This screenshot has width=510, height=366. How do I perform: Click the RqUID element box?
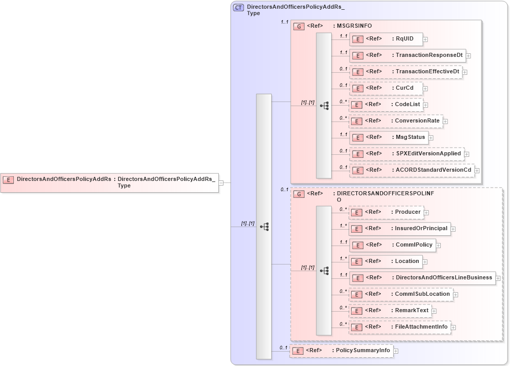click(x=386, y=38)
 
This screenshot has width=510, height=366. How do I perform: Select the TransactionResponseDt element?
click(x=407, y=55)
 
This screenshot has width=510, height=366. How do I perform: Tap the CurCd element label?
click(x=404, y=88)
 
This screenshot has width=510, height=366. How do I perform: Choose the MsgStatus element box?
click(x=389, y=137)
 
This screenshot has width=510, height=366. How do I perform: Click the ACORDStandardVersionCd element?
click(x=412, y=170)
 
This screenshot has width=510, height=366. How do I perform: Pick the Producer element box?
click(x=386, y=212)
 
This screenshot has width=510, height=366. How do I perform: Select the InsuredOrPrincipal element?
click(x=399, y=229)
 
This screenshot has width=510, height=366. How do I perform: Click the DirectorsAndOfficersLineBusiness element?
click(x=422, y=278)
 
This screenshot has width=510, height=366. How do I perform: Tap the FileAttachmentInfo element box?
click(x=399, y=327)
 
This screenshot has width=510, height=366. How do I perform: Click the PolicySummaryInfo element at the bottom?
click(x=341, y=351)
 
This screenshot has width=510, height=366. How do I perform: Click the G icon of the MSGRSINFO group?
click(x=299, y=26)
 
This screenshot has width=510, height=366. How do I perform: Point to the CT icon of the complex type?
click(x=238, y=8)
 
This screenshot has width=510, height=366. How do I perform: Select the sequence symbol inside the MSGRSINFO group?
click(x=324, y=106)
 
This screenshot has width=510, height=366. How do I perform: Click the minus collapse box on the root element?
click(x=221, y=182)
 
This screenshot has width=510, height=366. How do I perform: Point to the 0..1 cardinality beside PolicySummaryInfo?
click(x=283, y=348)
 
